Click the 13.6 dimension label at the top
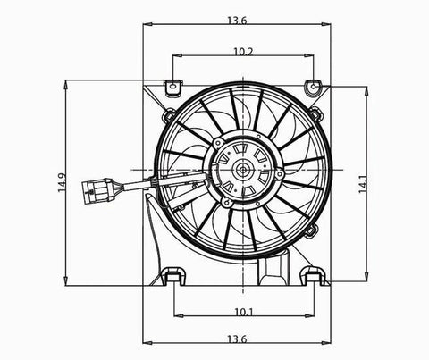237,21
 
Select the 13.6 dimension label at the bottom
237,339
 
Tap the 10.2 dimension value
243,52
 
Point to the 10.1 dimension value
244,312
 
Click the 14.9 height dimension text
62,183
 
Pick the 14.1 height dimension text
363,183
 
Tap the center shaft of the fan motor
243,170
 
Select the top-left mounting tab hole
172,87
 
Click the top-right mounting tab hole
314,87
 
